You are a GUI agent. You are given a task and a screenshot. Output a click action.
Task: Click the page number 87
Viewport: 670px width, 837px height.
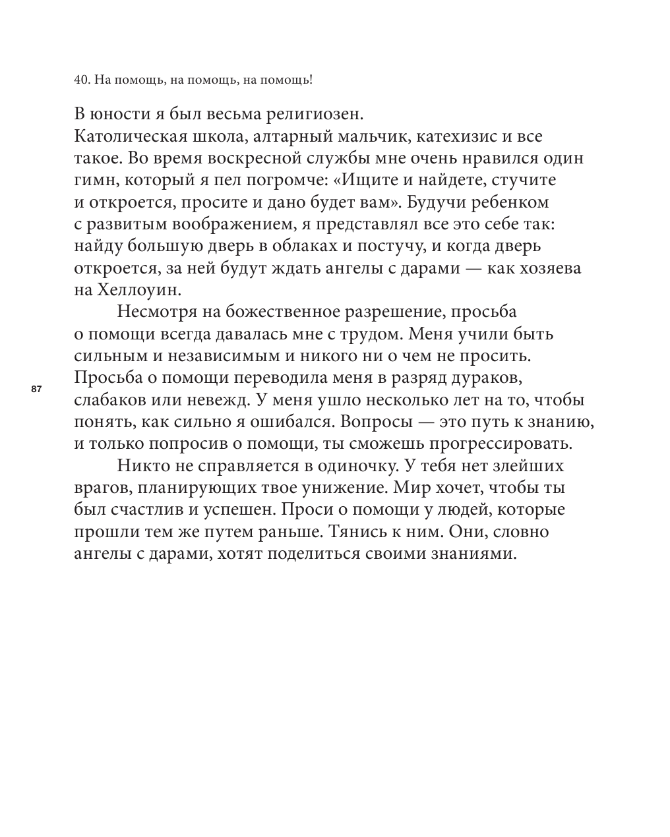(36, 390)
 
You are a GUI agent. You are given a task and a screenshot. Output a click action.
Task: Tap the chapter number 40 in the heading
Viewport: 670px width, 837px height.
(81, 80)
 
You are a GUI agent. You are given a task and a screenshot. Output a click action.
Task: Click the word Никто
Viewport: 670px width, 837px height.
(138, 466)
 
